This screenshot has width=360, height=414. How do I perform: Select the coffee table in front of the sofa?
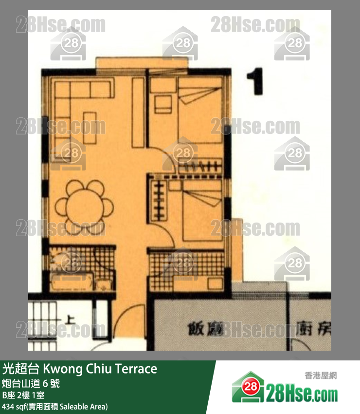coord(90,127)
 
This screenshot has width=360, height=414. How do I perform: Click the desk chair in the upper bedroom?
coord(163,104)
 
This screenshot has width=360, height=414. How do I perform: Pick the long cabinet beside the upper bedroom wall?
coord(138,112)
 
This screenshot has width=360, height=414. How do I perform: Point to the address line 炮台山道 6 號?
coord(31,383)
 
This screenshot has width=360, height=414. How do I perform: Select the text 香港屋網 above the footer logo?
coord(321,375)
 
